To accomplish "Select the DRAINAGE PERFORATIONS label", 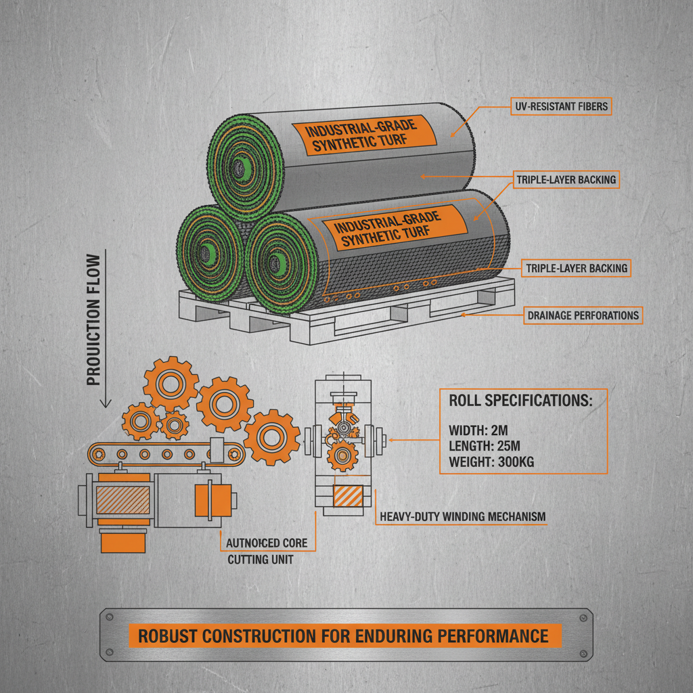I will (583, 315).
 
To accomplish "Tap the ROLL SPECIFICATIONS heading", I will (520, 400).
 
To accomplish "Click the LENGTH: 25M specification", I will (485, 446).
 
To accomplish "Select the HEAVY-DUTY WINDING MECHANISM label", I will (462, 516).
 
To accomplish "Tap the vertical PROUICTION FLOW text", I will (94, 320).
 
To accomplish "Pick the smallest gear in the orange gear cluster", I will (175, 424).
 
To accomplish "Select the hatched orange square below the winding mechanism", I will (347, 496).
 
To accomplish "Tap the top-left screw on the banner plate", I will (109, 617).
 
